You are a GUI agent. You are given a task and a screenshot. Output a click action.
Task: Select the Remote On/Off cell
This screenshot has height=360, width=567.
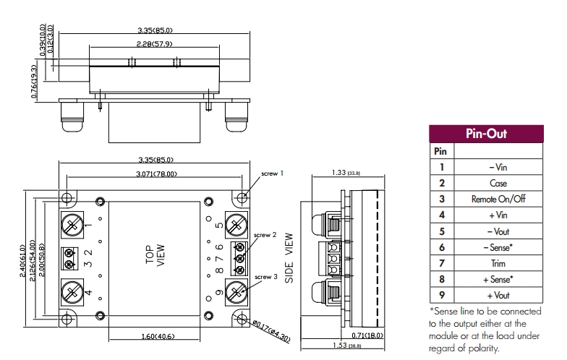point(498,199)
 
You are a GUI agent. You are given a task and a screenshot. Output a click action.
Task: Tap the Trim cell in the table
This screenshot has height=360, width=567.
point(498,263)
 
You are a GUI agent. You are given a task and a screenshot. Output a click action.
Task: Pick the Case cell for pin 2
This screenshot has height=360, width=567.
point(498,183)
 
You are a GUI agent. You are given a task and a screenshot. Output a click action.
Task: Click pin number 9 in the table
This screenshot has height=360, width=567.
point(441,295)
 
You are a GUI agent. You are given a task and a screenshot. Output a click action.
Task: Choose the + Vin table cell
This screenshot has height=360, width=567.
point(498,215)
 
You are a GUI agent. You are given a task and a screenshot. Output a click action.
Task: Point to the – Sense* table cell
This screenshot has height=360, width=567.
point(498,247)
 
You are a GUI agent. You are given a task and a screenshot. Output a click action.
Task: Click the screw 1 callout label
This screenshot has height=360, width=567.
point(272,173)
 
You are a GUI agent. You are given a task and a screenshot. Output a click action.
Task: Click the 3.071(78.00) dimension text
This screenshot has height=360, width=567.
point(157,174)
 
